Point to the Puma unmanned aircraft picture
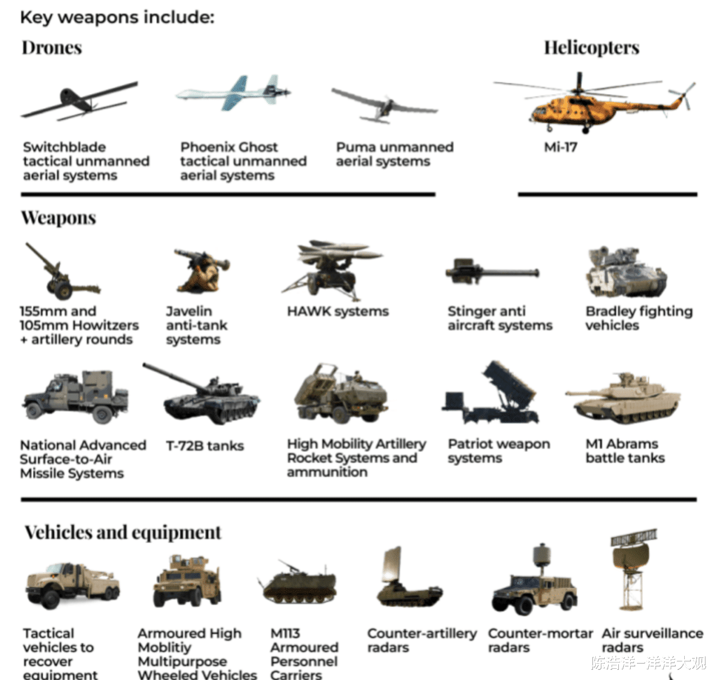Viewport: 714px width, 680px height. point(384,105)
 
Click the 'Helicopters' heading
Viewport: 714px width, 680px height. point(591,48)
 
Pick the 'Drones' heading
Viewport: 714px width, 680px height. point(52,48)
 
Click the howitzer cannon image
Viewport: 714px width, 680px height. point(62,271)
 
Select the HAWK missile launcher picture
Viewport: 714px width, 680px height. point(333,271)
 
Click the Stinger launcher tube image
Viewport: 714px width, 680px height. point(492,272)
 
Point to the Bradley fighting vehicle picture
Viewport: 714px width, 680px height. point(626,272)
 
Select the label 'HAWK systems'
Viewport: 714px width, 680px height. point(338,312)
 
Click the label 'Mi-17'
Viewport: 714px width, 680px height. point(560,147)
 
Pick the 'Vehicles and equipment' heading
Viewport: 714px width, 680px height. point(123,533)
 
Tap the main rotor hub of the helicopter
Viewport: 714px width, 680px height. point(579,90)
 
